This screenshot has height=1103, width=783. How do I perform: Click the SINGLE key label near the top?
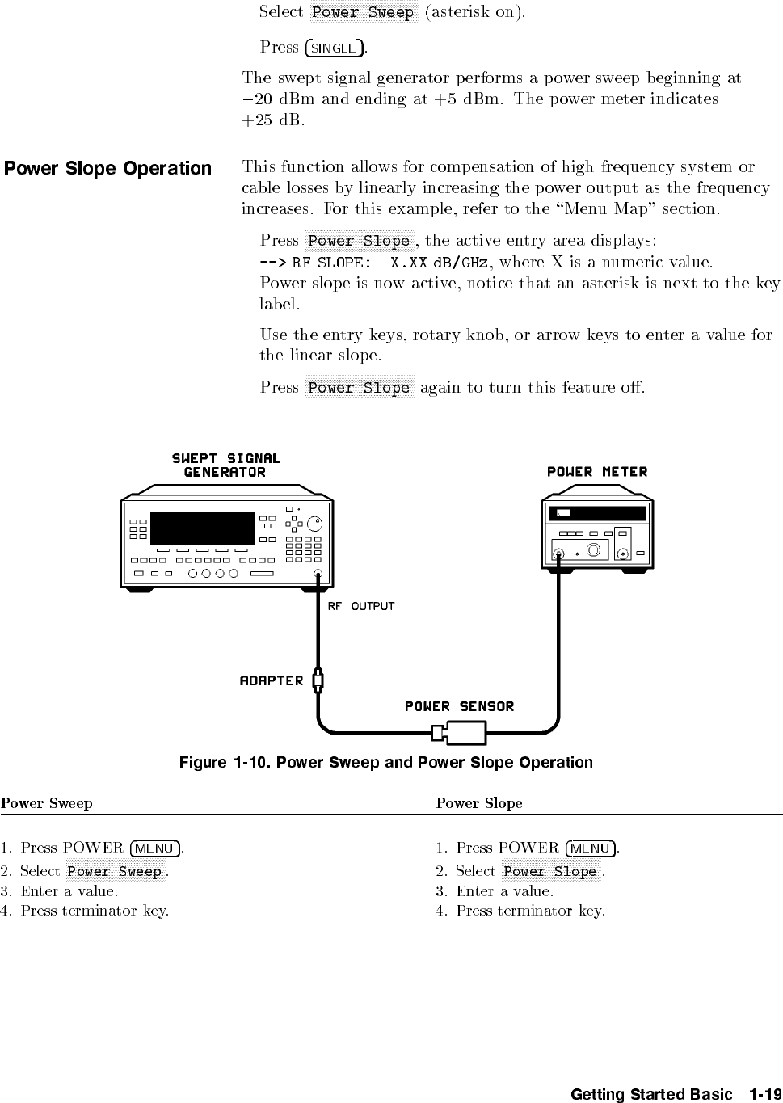tap(334, 48)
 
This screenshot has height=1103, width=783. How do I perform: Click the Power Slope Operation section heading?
tap(107, 169)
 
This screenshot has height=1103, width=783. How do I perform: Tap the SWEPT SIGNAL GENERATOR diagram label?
tap(225, 465)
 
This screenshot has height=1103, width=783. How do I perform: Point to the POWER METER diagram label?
tap(597, 472)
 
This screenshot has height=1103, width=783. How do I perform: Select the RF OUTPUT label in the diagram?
tap(360, 606)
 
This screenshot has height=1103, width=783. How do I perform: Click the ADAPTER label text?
tap(272, 681)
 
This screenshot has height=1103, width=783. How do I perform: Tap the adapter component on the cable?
tap(318, 680)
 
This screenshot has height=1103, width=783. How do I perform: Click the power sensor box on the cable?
tap(466, 733)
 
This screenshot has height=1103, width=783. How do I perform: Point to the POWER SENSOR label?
tap(459, 707)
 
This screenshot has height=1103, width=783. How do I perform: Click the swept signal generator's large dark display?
tap(203, 528)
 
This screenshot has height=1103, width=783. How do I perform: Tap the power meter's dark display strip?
tap(597, 514)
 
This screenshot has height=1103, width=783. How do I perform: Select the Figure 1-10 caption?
tap(385, 763)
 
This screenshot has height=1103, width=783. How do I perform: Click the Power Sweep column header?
tap(47, 803)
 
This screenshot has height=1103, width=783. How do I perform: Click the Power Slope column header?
tap(479, 803)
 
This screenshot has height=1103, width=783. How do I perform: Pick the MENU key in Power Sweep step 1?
tap(154, 848)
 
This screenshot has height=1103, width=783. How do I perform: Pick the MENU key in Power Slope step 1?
tap(590, 848)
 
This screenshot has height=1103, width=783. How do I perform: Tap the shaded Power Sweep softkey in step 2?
tap(115, 871)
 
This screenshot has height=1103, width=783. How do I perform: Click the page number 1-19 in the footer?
tap(765, 1095)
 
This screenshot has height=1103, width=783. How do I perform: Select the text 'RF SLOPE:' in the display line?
tap(331, 263)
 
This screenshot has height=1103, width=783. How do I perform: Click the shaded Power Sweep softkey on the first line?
tap(363, 12)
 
